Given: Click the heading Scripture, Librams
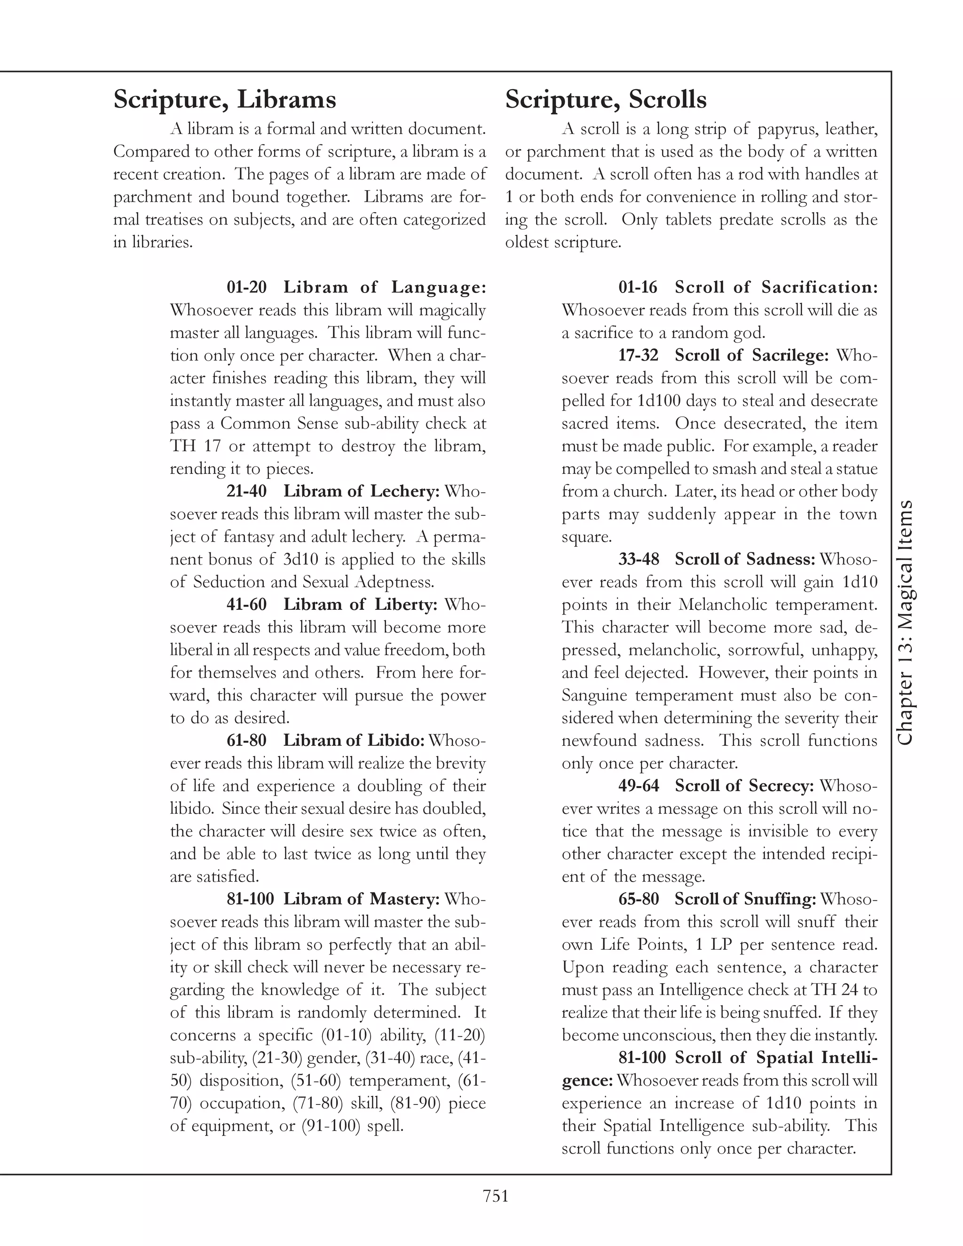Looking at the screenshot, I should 224,100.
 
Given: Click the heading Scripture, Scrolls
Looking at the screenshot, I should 605,100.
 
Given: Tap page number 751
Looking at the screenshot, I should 495,1195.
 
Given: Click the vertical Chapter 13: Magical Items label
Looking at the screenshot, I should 905,622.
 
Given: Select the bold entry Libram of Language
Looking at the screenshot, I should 385,287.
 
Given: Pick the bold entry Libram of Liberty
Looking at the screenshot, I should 361,604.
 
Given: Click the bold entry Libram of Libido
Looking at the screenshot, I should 354,741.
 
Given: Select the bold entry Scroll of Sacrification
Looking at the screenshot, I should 776,287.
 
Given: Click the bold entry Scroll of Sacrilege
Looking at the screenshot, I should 751,355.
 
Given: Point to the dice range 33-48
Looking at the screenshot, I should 639,559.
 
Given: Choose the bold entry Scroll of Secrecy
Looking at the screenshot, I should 744,786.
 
